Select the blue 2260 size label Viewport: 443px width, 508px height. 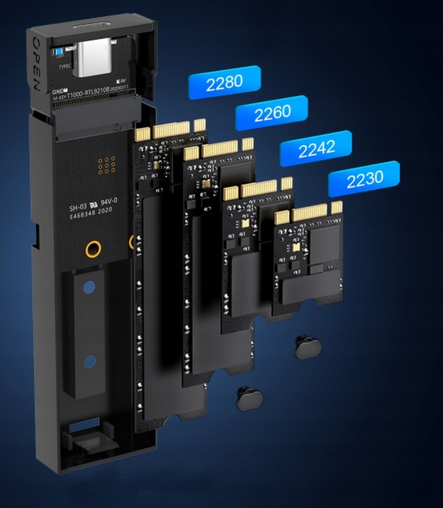click(x=272, y=114)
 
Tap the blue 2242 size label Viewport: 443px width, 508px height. click(x=315, y=148)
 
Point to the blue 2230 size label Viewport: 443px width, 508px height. click(x=364, y=179)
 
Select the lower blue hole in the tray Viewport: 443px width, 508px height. click(x=88, y=363)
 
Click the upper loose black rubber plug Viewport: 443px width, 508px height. click(x=307, y=346)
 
